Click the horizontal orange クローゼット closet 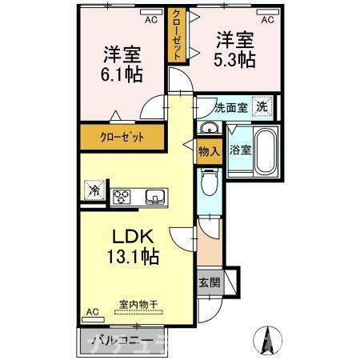point(122,137)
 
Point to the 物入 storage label point(208,150)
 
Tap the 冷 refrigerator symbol point(94,191)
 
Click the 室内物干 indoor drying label point(138,303)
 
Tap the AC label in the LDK point(92,311)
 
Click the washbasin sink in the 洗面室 point(210,130)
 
